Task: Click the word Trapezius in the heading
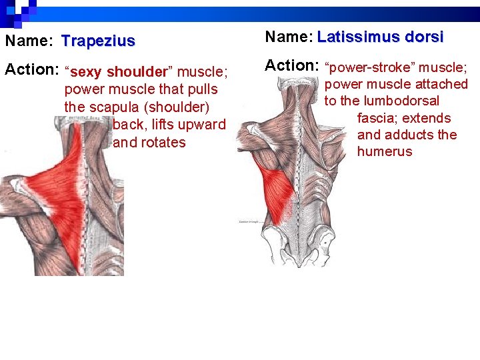[x=98, y=41]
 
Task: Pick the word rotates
[x=162, y=142]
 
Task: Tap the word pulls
[x=202, y=89]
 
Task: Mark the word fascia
[x=376, y=118]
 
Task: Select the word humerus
[x=385, y=151]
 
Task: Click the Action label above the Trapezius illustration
[x=30, y=69]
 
